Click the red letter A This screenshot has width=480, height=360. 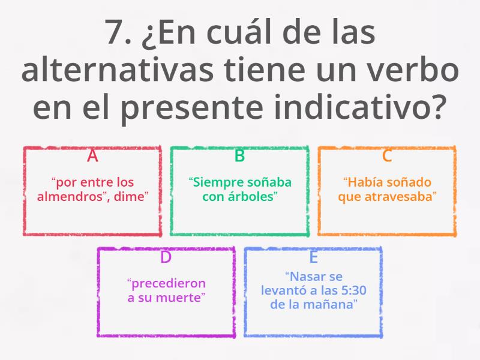tap(92, 156)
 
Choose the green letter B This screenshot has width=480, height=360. tap(239, 156)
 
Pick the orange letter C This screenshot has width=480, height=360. tap(387, 156)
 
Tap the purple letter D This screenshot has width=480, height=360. tap(166, 257)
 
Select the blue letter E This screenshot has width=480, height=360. tap(313, 257)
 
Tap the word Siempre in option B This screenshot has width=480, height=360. tap(213, 182)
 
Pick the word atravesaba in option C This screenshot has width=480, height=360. tap(404, 196)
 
